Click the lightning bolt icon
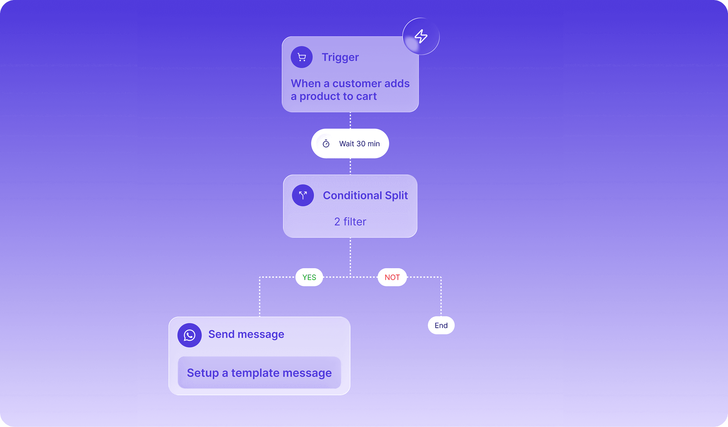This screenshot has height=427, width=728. tap(421, 36)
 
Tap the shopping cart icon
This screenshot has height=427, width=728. tap(302, 57)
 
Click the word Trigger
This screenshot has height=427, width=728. tap(340, 57)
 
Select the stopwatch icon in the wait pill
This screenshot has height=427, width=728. tap(326, 143)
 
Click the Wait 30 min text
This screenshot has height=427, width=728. tap(359, 144)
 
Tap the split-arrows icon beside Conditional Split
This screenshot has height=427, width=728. tap(303, 195)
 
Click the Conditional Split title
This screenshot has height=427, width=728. tap(365, 195)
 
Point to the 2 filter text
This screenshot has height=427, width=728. tap(350, 222)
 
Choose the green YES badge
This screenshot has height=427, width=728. tap(309, 277)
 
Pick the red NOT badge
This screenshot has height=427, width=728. tap(392, 277)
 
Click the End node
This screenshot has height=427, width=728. tap(441, 325)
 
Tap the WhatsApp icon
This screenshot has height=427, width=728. tap(189, 335)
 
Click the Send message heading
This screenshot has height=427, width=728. tap(246, 334)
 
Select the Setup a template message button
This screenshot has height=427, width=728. tap(259, 373)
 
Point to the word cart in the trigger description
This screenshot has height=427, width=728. tap(366, 96)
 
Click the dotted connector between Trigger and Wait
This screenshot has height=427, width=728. tap(350, 120)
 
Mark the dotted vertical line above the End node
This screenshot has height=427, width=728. tap(441, 297)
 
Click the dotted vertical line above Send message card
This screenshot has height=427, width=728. tap(260, 297)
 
